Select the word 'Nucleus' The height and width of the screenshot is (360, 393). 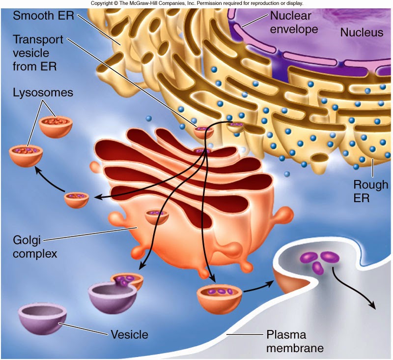(361, 33)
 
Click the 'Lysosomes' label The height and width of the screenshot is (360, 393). (36, 92)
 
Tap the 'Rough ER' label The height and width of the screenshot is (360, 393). (370, 191)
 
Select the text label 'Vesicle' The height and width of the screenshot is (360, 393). (129, 335)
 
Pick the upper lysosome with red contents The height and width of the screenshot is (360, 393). (56, 126)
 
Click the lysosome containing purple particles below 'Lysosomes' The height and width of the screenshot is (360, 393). (26, 155)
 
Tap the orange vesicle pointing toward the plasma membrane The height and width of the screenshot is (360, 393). (220, 298)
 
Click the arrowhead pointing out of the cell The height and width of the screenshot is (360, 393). (372, 306)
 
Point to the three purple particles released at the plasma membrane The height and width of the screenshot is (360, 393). (317, 261)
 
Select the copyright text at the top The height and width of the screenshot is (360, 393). (196, 3)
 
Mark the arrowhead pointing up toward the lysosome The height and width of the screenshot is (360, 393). (36, 169)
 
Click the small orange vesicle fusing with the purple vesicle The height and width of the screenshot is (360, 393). (127, 281)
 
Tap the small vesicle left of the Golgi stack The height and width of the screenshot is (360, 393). (77, 200)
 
